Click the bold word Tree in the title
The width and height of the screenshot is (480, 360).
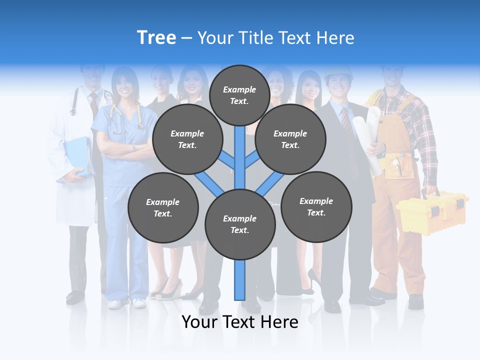156,37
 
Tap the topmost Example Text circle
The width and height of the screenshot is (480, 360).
239,95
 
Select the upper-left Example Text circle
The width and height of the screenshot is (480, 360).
187,139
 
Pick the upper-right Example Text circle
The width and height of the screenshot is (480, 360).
290,139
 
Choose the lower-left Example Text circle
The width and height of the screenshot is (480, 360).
163,207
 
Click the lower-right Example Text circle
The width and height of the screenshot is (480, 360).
316,206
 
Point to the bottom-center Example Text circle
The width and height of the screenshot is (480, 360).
240,224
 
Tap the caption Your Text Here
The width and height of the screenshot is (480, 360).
240,322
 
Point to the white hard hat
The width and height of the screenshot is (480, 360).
338,74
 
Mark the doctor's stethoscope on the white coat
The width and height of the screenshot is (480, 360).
75,100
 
